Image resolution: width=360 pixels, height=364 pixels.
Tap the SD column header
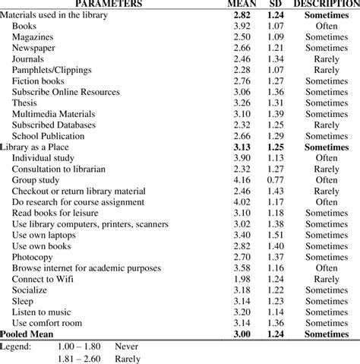278,5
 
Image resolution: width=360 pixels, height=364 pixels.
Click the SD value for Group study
278,180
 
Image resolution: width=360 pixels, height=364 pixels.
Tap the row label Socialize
31,290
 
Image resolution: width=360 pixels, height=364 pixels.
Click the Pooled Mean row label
30,334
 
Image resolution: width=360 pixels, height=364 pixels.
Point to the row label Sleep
23,301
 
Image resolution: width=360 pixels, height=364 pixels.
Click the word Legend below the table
16,345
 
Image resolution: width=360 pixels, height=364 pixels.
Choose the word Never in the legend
127,345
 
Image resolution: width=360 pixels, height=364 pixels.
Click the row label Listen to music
43,312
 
